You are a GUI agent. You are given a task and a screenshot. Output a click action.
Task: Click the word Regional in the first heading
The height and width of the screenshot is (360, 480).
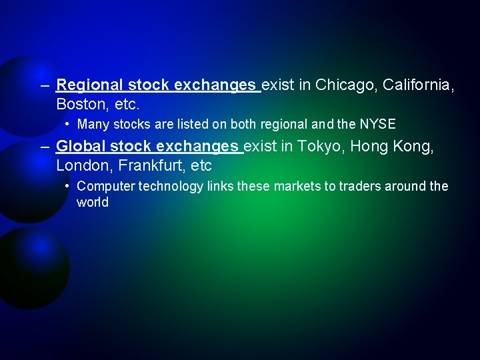coord(90,85)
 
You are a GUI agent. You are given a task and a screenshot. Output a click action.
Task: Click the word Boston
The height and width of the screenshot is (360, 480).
coord(79,105)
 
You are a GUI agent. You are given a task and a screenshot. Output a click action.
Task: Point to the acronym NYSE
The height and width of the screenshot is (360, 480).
coord(377,124)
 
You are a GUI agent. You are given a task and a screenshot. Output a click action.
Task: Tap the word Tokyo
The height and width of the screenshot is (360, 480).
coord(320,146)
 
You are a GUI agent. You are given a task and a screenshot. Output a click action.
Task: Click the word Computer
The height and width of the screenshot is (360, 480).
coord(105,186)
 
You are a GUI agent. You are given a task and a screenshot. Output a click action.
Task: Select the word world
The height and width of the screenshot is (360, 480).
coord(92,202)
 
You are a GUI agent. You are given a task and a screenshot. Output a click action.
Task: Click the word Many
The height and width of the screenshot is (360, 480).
coord(91,124)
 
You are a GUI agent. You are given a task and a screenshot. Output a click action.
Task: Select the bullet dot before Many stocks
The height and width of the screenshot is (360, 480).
coord(69,123)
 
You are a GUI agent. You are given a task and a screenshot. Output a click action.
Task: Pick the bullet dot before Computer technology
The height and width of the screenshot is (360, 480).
coord(69,185)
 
